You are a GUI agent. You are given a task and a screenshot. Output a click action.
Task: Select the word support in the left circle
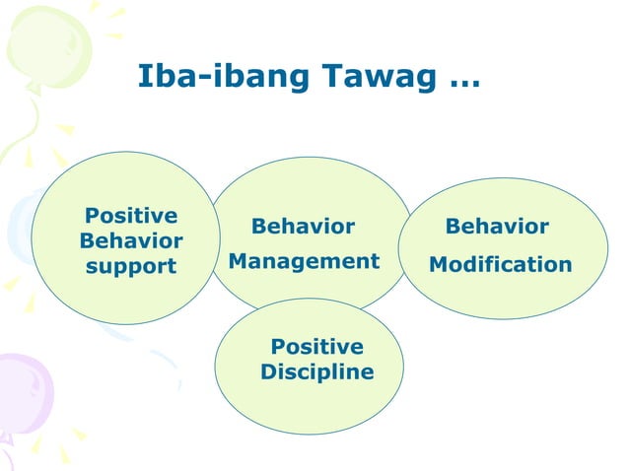131,266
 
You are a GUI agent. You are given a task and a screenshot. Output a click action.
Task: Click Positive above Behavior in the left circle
131,215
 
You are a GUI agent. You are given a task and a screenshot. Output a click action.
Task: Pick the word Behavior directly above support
131,240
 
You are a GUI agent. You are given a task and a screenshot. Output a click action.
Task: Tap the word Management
304,261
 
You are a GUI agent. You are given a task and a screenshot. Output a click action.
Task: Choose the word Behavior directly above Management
303,227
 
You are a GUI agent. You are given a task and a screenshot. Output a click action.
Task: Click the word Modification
500,265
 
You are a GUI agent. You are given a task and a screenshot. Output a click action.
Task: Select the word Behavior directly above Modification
497,227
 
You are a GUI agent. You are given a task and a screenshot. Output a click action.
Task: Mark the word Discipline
316,372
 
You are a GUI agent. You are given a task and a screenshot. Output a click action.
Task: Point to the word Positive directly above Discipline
316,347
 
